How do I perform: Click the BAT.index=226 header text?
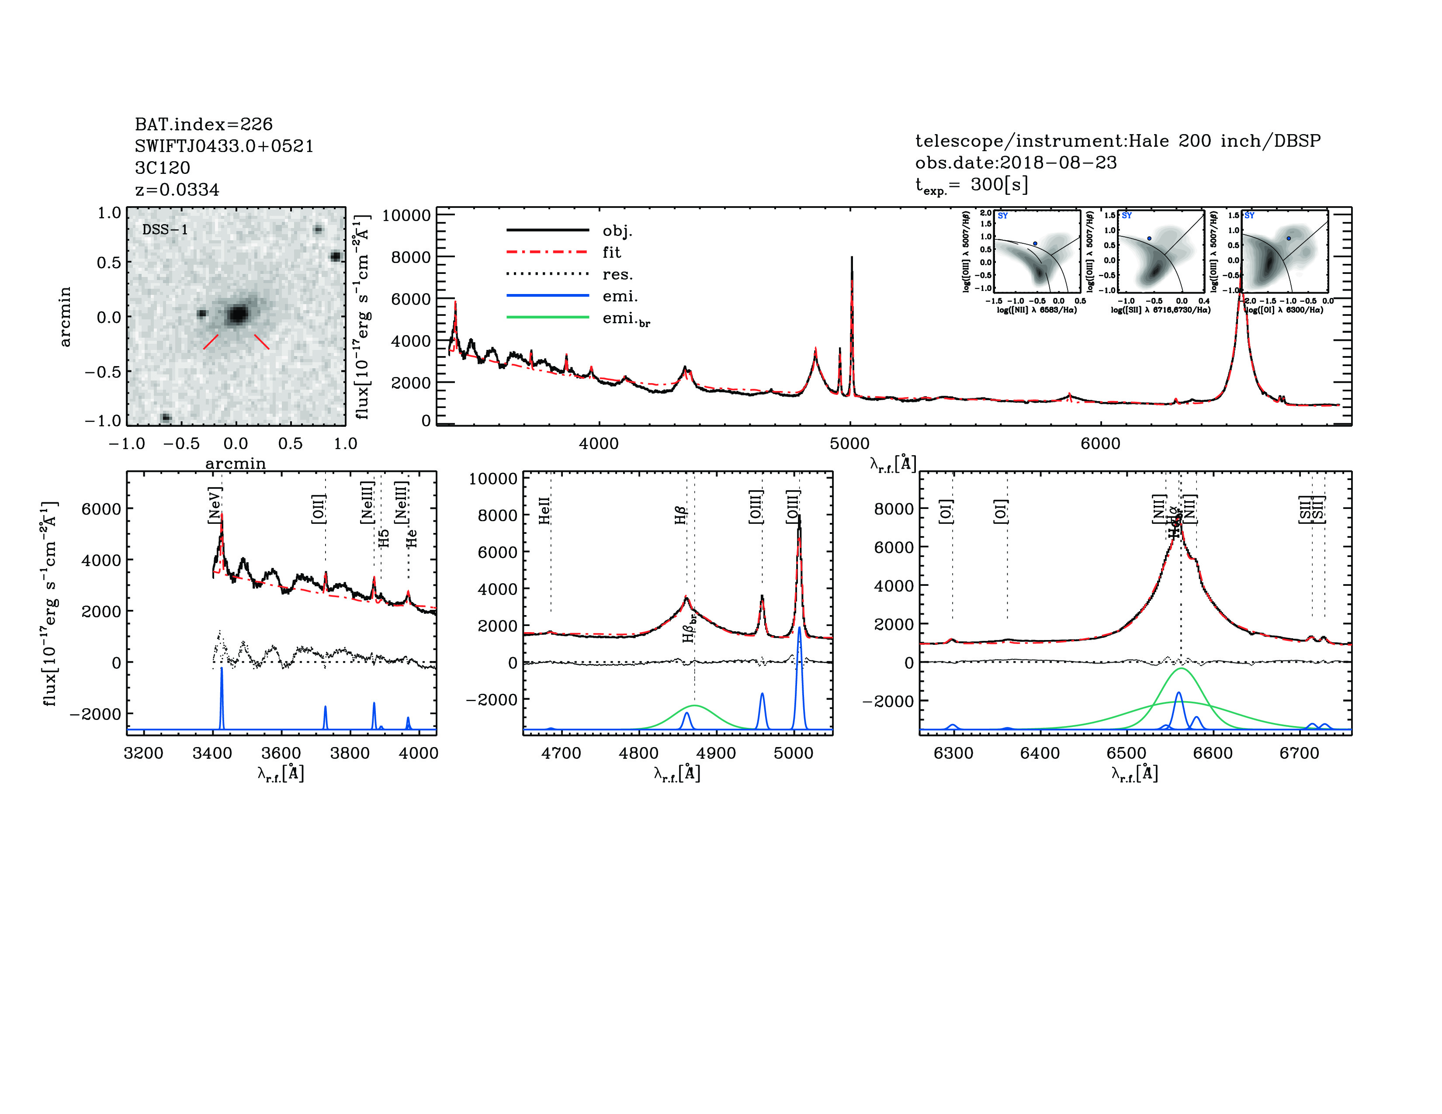(x=203, y=124)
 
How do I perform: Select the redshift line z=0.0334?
(x=177, y=190)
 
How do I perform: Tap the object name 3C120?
(x=163, y=168)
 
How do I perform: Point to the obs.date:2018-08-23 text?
(x=1016, y=163)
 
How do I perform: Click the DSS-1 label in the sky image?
(x=165, y=230)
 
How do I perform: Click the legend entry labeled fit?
(x=611, y=252)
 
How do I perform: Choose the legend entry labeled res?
(x=617, y=274)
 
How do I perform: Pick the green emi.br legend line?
(x=548, y=318)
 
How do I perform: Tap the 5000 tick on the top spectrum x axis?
(x=850, y=443)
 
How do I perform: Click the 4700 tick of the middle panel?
(x=561, y=753)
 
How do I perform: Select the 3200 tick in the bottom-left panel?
(x=143, y=753)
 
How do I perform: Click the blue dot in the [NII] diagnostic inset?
(x=1035, y=243)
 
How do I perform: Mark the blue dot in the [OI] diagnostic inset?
(x=1288, y=238)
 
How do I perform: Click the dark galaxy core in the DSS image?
(x=237, y=315)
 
